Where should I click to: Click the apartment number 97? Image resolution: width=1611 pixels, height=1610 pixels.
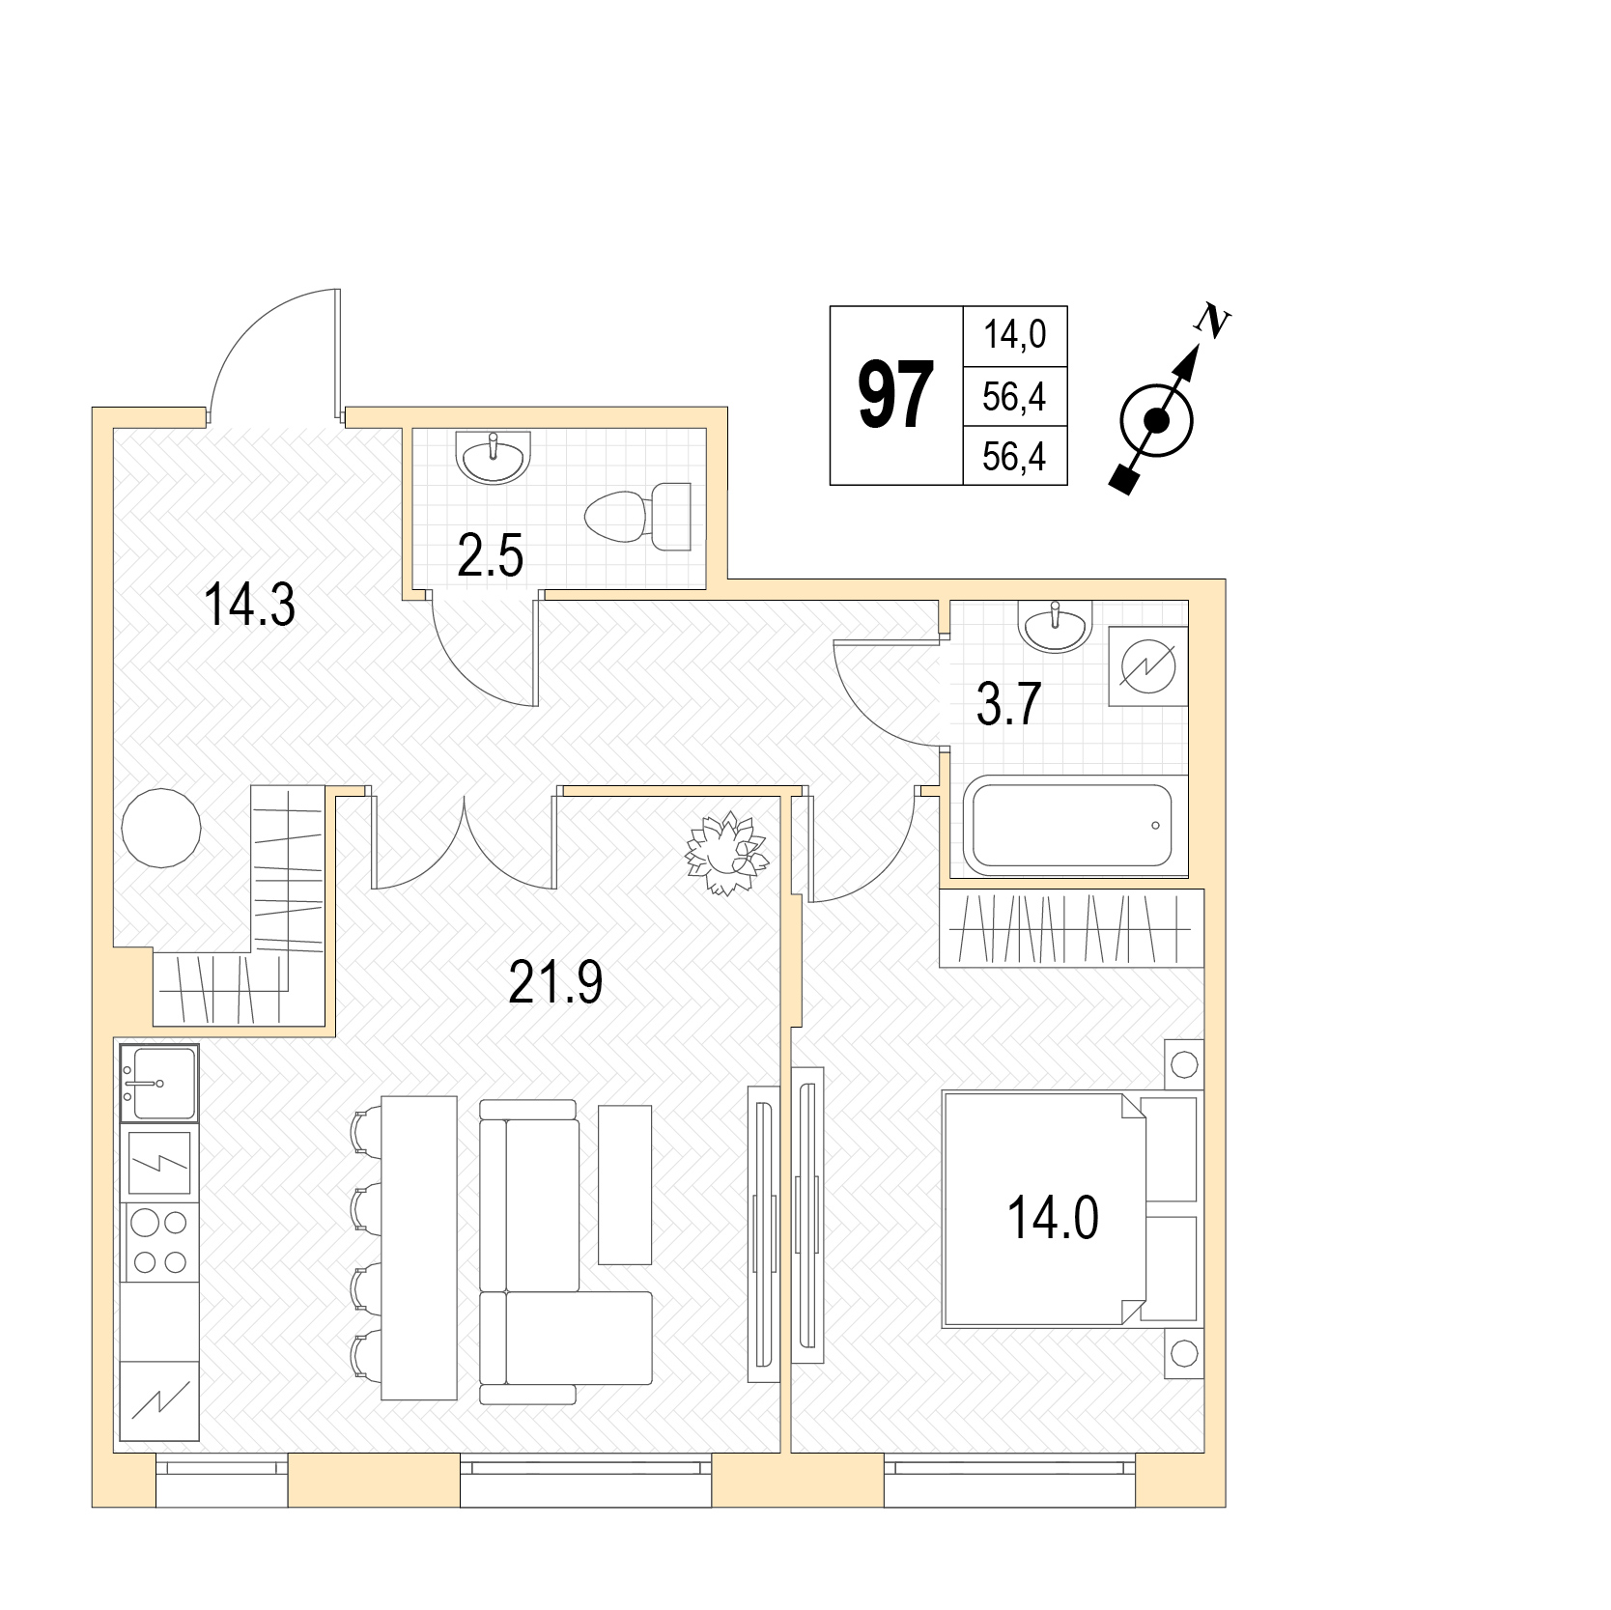coord(896,395)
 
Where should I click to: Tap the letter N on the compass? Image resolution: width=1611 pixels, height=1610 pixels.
coord(1214,321)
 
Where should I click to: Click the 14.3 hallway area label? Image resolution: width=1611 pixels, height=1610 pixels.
coord(249,606)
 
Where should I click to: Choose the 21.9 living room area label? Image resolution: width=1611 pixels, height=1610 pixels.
coord(555,983)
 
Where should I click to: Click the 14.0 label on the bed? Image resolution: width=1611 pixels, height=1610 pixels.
coord(1053,1218)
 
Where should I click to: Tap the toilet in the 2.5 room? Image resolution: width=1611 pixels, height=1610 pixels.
coord(638,517)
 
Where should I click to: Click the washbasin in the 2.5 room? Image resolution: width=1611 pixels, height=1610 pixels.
coord(494,458)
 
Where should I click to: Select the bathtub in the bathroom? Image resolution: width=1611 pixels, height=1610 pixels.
coord(1072,826)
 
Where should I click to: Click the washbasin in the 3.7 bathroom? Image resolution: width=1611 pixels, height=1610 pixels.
coord(1055,627)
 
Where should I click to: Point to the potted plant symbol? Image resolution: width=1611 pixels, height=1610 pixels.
coord(726,854)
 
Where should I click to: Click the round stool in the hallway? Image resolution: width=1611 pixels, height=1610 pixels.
coord(161,828)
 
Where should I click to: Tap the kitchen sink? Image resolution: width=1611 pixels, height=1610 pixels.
coord(159,1083)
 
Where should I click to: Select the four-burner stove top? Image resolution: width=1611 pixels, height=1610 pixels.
coord(159,1241)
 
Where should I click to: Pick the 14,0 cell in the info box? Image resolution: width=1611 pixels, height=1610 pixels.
coord(1014,335)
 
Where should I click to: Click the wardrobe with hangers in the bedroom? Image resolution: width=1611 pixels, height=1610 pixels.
coord(1072,928)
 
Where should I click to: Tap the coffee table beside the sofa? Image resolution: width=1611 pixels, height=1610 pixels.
coord(625,1184)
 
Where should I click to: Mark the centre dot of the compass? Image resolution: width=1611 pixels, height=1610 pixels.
coord(1156,421)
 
